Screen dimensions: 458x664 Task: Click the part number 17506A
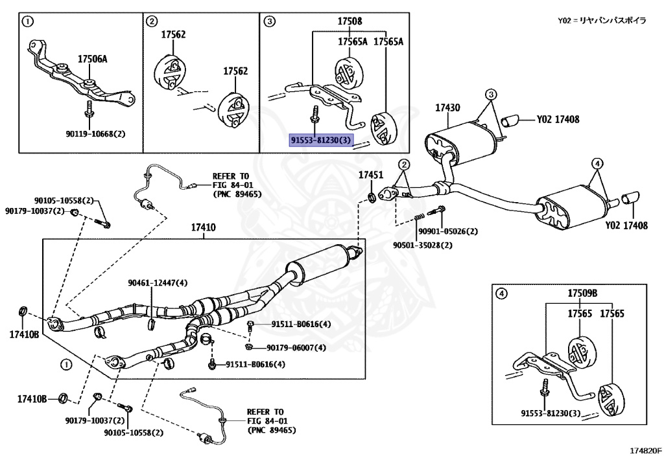point(92,59)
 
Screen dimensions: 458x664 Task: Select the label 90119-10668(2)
point(95,133)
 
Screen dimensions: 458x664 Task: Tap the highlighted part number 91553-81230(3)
point(321,140)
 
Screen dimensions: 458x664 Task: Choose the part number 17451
point(372,175)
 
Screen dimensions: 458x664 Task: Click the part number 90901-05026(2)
point(447,231)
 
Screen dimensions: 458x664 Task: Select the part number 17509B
point(582,293)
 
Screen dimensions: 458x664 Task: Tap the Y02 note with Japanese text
point(601,21)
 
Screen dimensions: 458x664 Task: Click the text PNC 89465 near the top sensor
point(237,194)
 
